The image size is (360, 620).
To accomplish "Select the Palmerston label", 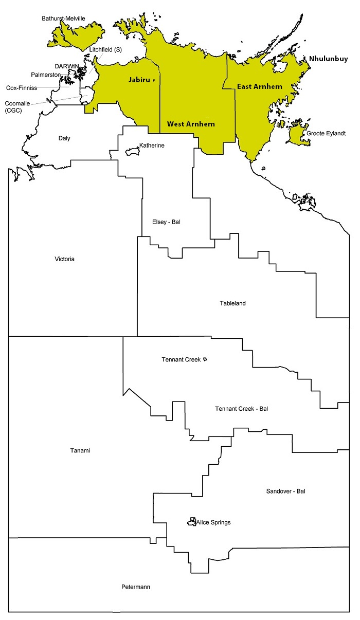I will (x=46, y=75).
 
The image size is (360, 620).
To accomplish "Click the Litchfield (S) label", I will (x=105, y=49).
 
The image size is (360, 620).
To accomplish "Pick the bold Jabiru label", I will (x=139, y=80).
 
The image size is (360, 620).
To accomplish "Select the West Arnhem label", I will (x=191, y=124).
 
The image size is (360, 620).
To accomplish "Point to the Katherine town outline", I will (x=133, y=152).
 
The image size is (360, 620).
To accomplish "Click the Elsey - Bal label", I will (x=166, y=222).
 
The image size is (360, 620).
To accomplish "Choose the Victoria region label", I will (x=64, y=259).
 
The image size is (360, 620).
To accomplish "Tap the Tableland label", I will (x=232, y=303).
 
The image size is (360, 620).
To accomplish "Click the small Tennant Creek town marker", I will (x=205, y=359).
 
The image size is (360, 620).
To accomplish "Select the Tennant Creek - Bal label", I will (x=241, y=409).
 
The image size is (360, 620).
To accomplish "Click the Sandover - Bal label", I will (x=285, y=491).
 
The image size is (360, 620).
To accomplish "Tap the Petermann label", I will (x=136, y=587).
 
